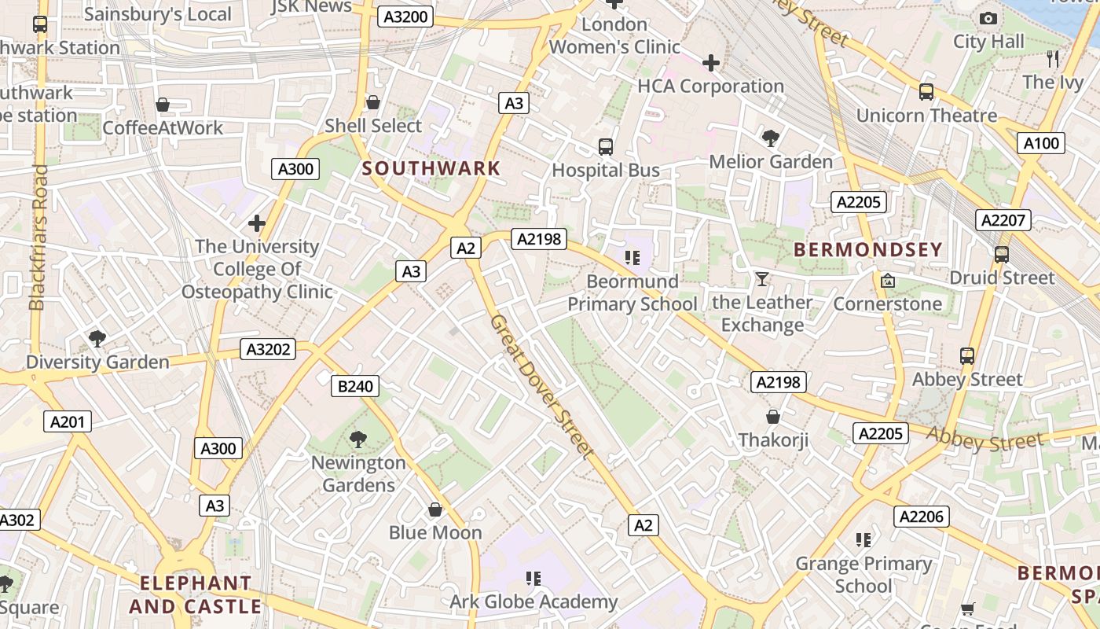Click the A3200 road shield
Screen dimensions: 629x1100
click(x=405, y=17)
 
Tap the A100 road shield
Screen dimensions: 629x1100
click(x=1041, y=143)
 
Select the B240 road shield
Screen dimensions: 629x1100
click(x=356, y=386)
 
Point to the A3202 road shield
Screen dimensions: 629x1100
click(x=269, y=349)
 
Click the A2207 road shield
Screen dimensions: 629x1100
click(x=1003, y=220)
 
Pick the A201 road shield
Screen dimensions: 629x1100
click(x=67, y=422)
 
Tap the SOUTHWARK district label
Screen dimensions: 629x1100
click(x=431, y=168)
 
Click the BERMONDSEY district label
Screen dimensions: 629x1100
click(x=867, y=250)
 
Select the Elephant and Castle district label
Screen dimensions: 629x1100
click(x=195, y=595)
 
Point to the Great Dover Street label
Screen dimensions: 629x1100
click(x=541, y=385)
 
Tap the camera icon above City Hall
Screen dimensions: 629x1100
click(x=988, y=18)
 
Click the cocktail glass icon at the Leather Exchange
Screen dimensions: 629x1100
click(x=761, y=279)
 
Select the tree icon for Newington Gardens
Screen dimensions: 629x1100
click(x=358, y=439)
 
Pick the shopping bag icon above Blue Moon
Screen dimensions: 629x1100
click(x=435, y=510)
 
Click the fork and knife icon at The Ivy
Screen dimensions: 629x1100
click(x=1053, y=58)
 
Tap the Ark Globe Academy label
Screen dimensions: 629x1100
click(x=533, y=602)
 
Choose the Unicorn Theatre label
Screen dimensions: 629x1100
click(x=926, y=116)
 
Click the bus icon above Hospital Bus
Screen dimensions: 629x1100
click(x=605, y=147)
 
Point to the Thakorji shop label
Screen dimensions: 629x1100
click(x=773, y=440)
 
